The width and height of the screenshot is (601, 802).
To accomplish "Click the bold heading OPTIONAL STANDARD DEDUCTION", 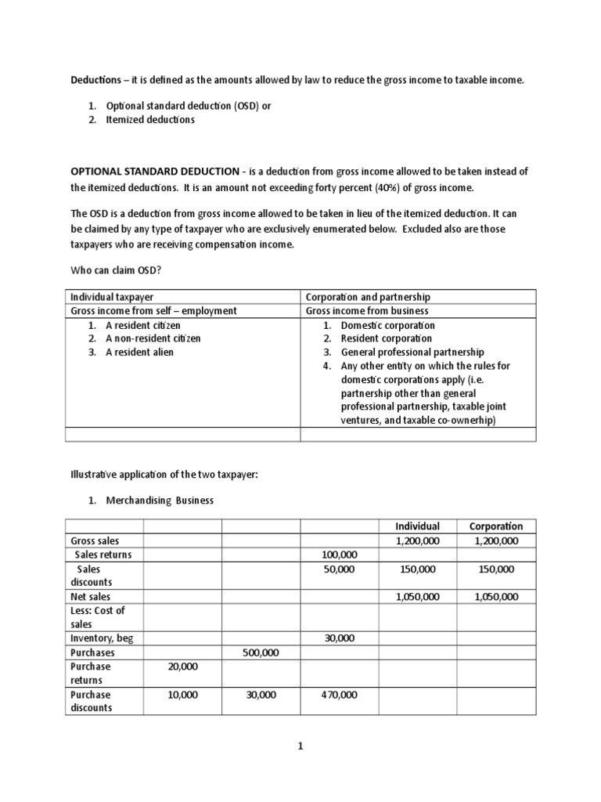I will point(154,172).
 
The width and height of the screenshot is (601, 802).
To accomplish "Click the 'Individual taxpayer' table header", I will point(112,297).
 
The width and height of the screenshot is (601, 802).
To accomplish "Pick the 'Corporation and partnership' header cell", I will point(368,297).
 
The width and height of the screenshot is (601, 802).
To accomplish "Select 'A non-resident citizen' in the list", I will point(153,338).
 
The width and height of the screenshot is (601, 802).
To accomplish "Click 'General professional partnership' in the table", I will point(412,352).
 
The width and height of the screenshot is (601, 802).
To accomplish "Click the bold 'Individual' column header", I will point(417,526).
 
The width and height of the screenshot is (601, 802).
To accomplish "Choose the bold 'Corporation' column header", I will point(495,526).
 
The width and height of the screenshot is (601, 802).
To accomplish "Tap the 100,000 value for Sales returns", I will point(339,555).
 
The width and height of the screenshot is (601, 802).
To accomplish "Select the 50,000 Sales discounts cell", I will point(339,569).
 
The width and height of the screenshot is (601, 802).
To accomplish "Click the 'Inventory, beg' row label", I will point(102,638).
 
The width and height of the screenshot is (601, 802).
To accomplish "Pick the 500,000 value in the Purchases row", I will point(261,652).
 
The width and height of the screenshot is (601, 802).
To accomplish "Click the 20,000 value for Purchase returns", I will point(182,667).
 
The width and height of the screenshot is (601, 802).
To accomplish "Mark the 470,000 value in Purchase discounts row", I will point(339,695).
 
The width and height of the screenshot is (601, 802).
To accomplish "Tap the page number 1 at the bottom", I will point(300,746).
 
